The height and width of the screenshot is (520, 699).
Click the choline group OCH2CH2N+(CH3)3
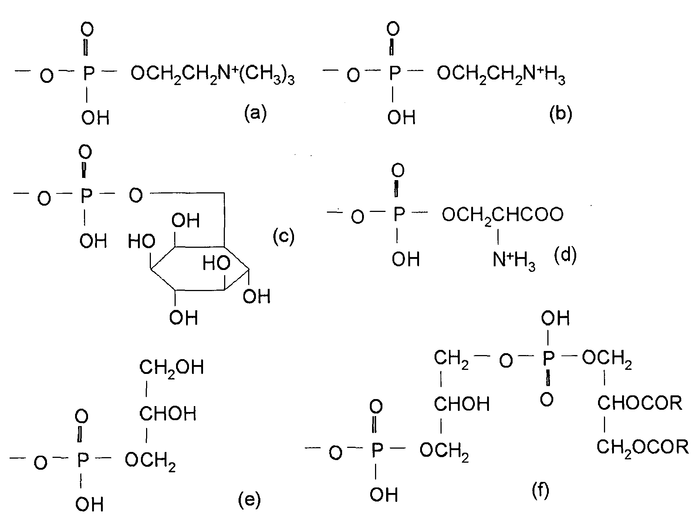tap(213, 75)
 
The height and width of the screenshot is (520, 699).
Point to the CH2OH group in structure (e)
tap(172, 368)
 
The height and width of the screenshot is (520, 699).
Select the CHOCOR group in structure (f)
tap(640, 403)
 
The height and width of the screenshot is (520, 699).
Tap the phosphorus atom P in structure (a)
tap(88, 74)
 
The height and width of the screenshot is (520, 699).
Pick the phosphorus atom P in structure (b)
tap(394, 74)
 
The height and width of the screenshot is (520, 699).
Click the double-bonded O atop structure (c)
tap(85, 151)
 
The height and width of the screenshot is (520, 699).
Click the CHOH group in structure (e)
tap(168, 413)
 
